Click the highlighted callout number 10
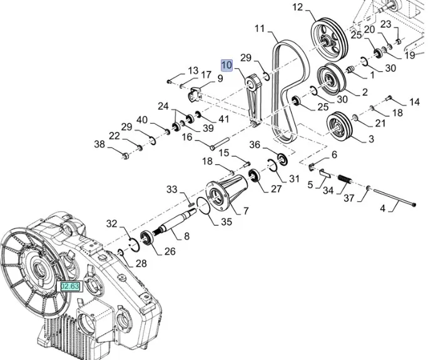coord(226,64)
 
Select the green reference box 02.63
coord(69,286)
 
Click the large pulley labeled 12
coord(329,39)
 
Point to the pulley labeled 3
coord(340,127)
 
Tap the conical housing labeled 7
coord(225,191)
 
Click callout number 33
coord(172,189)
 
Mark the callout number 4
coord(382,209)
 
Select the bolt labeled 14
coord(390,97)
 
